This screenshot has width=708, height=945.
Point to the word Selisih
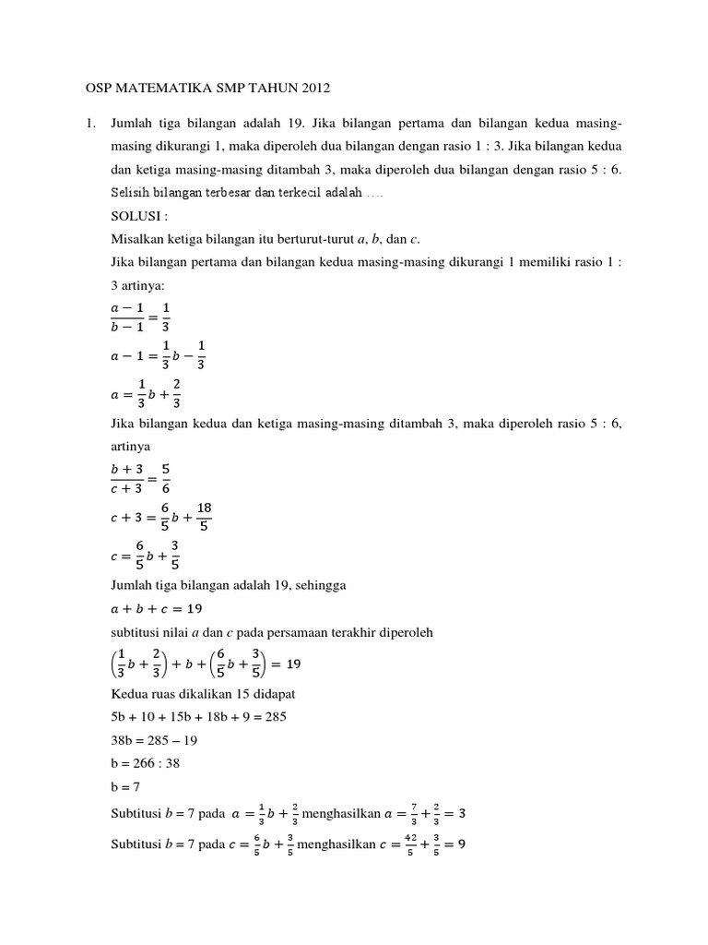(130, 193)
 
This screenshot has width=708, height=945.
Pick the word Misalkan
(136, 238)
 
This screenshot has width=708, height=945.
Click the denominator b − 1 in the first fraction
(129, 325)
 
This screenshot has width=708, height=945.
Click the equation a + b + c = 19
(156, 608)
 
